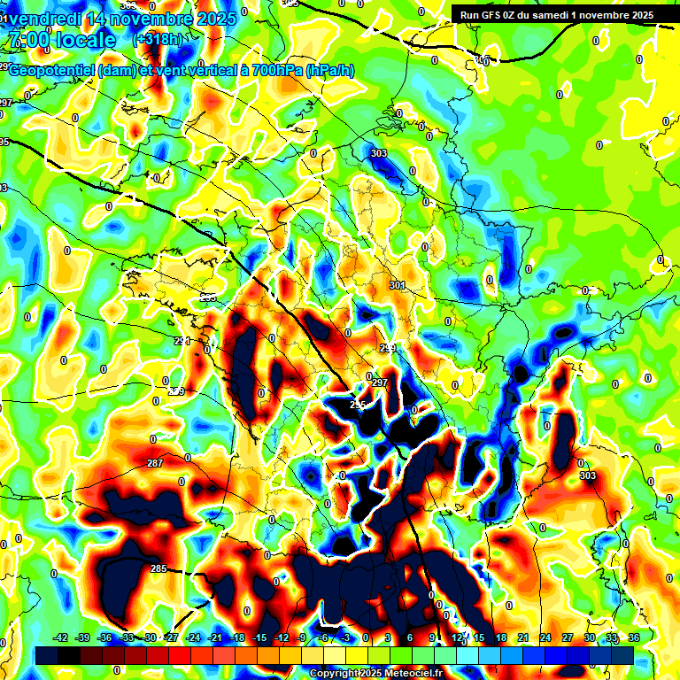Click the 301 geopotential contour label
pos(397,285)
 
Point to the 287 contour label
pos(155,464)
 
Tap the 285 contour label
pos(158,568)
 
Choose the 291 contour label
pos(182,341)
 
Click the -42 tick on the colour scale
pos(61,637)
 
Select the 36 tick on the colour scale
pos(634,637)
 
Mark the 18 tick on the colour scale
pos(503,637)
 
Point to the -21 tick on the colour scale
pos(215,637)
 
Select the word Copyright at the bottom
pos(331,673)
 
